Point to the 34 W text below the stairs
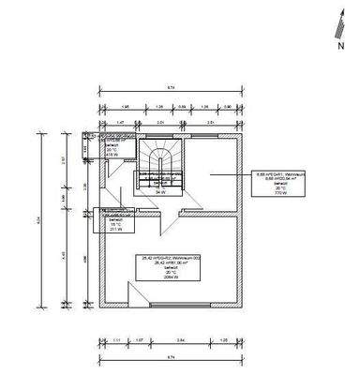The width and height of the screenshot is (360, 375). pos(160,192)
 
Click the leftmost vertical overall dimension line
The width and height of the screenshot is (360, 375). pos(39,217)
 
